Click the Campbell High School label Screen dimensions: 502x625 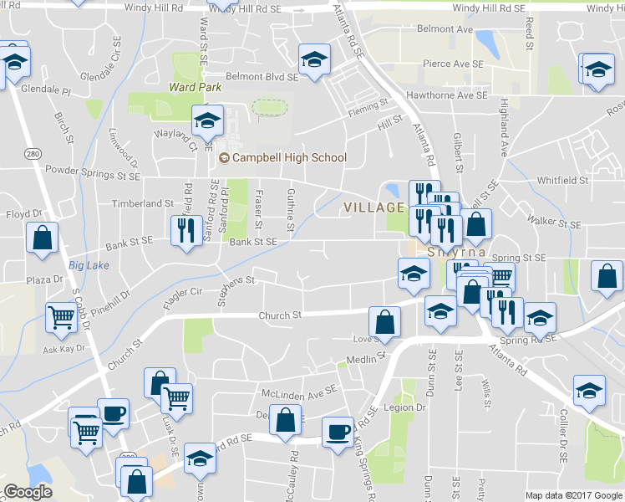pyautogui.click(x=288, y=157)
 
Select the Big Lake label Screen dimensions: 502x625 pyautogui.click(x=89, y=265)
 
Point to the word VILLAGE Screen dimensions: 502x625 pyautogui.click(x=375, y=207)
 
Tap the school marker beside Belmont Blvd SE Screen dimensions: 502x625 pyautogui.click(x=314, y=60)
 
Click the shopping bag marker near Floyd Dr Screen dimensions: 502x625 pyautogui.click(x=42, y=238)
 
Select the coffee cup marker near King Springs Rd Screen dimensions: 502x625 pyautogui.click(x=338, y=433)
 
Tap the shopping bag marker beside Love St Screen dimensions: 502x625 pyautogui.click(x=384, y=321)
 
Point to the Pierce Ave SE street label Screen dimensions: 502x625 pyautogui.click(x=453, y=64)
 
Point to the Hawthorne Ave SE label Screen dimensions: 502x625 pyautogui.click(x=446, y=96)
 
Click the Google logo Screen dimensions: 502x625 pyautogui.click(x=28, y=492)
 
